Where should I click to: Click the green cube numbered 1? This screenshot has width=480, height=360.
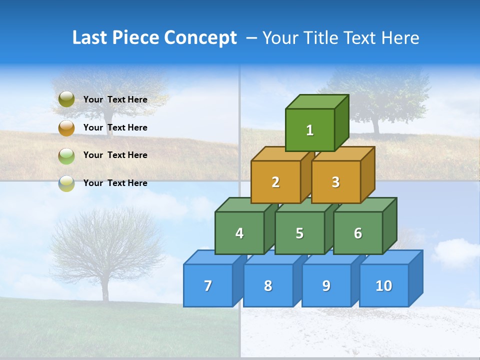click(x=310, y=130)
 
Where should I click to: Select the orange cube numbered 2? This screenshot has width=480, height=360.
click(x=275, y=182)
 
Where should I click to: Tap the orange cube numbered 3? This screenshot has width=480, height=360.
click(x=335, y=182)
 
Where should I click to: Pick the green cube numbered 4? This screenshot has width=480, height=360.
click(x=239, y=233)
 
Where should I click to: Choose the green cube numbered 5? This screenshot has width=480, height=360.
click(x=299, y=233)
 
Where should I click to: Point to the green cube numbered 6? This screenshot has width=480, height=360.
click(x=358, y=233)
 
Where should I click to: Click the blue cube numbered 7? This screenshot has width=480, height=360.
click(x=208, y=285)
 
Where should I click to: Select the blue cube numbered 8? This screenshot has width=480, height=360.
click(x=268, y=285)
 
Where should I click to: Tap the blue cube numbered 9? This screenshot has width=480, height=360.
click(x=326, y=285)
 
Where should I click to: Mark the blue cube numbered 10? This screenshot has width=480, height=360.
click(x=384, y=285)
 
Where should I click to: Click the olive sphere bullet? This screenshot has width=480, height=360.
click(x=66, y=99)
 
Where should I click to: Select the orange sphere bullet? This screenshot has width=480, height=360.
click(x=66, y=127)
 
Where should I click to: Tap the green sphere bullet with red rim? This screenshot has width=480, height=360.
click(x=66, y=155)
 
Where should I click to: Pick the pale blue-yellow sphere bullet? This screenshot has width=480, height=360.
click(x=66, y=183)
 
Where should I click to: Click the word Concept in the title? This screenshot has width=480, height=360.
click(x=200, y=38)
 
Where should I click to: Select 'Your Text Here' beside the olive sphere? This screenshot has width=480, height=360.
click(x=115, y=99)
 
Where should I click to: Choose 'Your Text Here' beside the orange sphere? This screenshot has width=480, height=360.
click(x=115, y=127)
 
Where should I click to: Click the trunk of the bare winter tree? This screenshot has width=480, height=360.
click(x=105, y=287)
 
